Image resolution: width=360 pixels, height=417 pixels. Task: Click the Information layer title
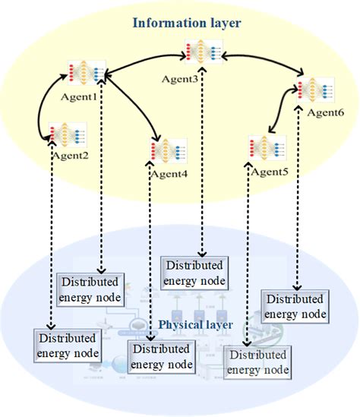click(186, 24)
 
